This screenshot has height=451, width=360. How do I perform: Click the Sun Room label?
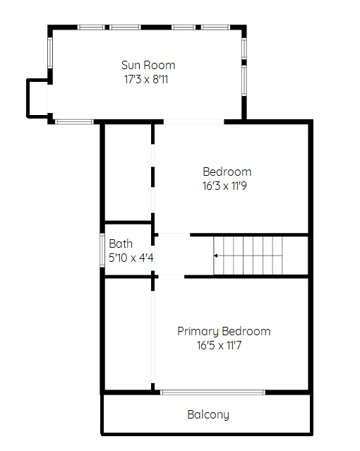pos(148,66)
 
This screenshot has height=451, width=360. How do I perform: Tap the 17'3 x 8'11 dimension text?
pos(146,79)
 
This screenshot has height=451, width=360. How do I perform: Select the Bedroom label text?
pos(227,172)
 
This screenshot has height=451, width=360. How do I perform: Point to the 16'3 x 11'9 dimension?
pos(224,186)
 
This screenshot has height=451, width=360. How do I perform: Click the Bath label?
pos(121,244)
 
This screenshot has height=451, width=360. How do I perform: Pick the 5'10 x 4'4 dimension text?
pos(131,258)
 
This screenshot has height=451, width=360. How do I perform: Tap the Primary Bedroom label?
pos(224,331)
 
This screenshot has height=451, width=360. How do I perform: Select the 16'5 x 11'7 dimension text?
pos(219,345)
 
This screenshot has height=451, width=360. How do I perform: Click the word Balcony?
pos(208,415)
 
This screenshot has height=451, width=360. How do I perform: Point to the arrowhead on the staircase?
pos(215,255)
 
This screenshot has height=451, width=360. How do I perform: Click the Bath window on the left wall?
pos(102,251)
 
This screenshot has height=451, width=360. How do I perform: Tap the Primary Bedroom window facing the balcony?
pos(212,392)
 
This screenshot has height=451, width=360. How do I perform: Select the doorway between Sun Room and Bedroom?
pos(194,122)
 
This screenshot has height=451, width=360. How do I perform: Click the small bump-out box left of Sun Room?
pos(38,98)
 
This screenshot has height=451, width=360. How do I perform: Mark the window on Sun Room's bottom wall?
pos(74,122)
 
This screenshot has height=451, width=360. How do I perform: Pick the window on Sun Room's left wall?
pos(50,53)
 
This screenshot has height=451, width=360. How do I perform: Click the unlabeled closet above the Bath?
pos(128,173)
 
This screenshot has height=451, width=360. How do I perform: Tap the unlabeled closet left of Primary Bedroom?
pos(128,335)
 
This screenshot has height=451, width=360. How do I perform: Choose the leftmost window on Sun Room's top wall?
pos(91,28)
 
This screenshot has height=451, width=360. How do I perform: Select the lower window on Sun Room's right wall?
pos(244,80)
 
